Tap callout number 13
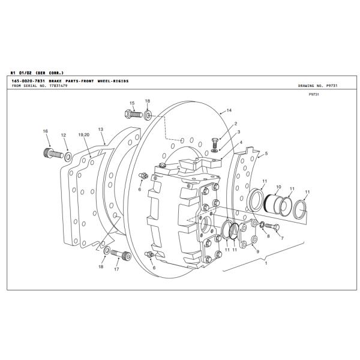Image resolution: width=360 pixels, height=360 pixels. click(101, 129)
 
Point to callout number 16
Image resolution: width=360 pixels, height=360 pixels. click(45, 131)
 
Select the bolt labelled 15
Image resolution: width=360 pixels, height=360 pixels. click(135, 113)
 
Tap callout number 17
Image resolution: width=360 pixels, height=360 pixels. click(116, 269)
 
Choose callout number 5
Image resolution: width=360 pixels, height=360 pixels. click(266, 154)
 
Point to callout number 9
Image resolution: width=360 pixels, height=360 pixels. click(257, 252)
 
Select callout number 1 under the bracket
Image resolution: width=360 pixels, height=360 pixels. click(265, 263)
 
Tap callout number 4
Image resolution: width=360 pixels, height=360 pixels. click(241, 143)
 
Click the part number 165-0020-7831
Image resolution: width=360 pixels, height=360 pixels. click(29, 80)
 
